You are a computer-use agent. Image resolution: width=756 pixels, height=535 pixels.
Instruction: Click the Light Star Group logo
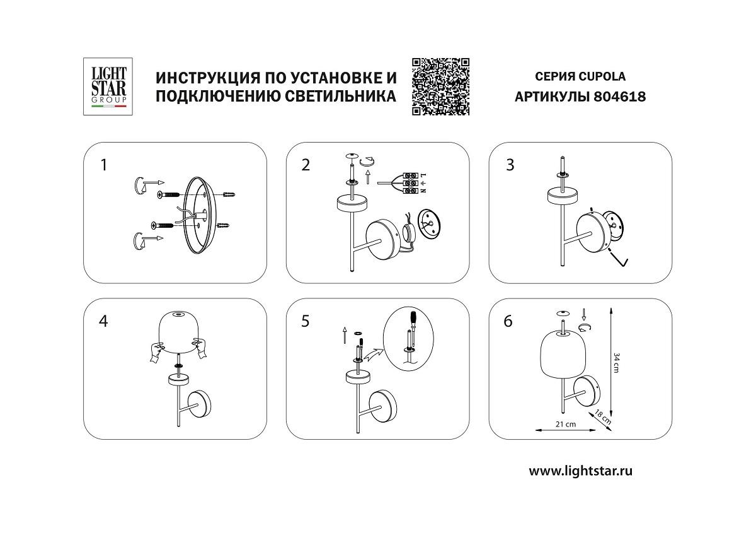click(x=106, y=86)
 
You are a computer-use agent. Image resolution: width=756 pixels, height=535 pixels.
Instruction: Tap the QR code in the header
click(x=441, y=86)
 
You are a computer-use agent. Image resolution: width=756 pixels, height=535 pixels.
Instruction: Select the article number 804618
click(x=620, y=97)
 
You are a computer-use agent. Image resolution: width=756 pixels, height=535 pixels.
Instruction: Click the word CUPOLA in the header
click(x=603, y=77)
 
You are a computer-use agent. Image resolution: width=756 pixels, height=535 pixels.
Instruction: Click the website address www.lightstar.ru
click(x=580, y=471)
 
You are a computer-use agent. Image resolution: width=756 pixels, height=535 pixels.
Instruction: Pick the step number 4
click(x=104, y=321)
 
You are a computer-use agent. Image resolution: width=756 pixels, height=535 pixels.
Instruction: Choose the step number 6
click(x=508, y=321)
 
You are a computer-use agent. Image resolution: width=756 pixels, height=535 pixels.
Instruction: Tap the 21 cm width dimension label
click(x=565, y=424)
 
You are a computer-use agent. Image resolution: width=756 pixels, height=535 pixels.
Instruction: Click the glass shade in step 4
click(x=178, y=334)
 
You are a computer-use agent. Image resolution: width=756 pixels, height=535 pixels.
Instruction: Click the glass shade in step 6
click(x=558, y=353)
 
